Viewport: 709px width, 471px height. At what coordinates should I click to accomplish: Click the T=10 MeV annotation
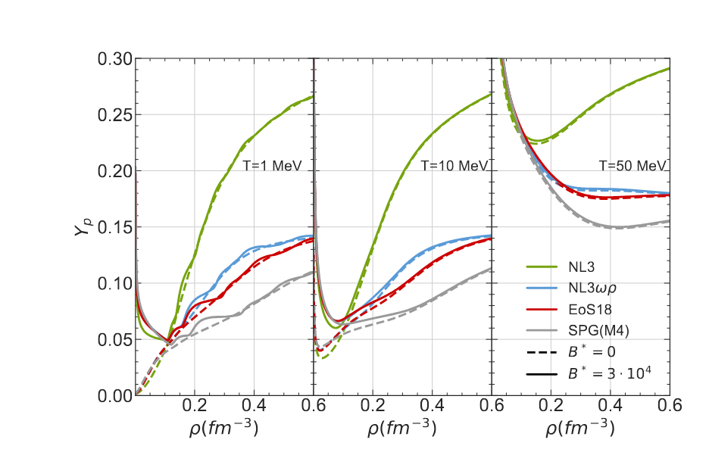(x=448, y=164)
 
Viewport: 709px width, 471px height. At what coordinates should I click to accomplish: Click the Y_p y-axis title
(x=83, y=226)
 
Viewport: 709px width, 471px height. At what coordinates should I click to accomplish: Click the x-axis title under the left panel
(x=223, y=428)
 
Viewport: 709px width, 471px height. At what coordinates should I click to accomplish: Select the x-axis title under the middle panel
(x=402, y=428)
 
